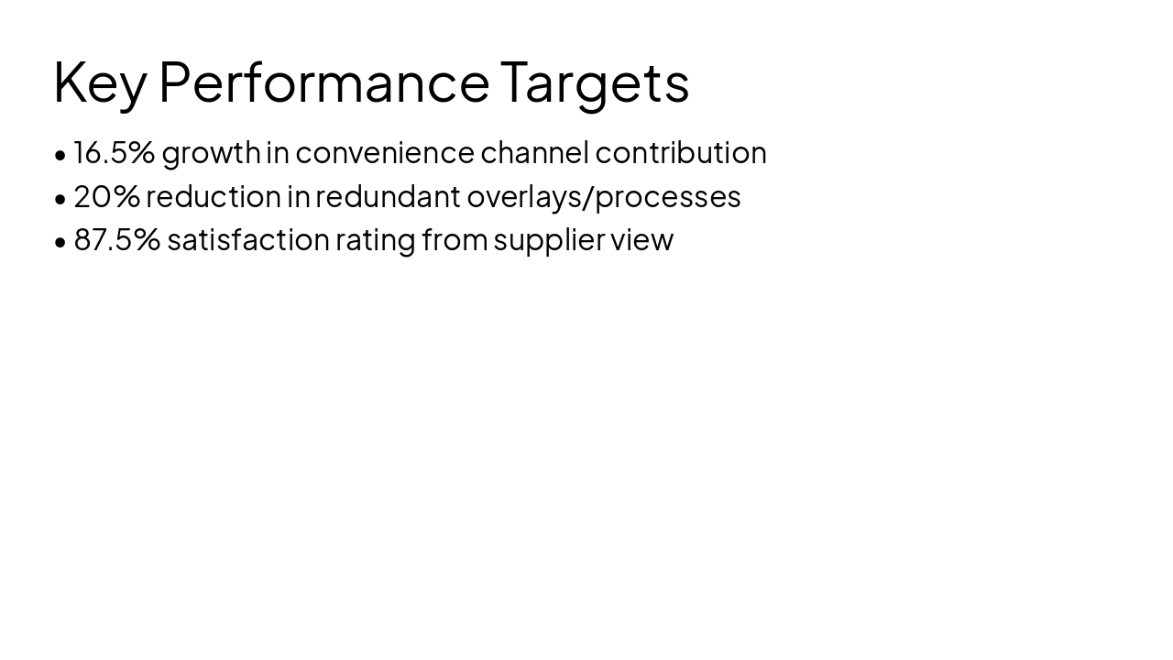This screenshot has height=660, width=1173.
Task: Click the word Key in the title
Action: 99,82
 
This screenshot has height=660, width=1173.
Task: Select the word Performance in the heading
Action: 323,82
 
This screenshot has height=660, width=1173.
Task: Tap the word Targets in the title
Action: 595,82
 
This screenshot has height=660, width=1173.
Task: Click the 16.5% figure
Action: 115,153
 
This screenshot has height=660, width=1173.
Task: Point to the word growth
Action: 211,153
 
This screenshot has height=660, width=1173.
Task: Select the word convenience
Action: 385,153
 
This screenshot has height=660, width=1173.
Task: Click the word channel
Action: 534,153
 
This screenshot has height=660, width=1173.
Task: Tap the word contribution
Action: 681,153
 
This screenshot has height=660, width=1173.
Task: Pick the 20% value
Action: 106,197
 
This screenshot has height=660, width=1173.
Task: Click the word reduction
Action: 213,197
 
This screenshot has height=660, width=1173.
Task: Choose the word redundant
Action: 388,197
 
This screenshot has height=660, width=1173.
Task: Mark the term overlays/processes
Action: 604,197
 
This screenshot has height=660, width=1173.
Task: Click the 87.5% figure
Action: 117,240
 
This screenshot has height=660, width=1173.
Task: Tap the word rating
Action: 375,240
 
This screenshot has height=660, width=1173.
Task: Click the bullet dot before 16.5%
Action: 60,155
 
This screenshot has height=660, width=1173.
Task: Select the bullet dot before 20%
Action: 60,199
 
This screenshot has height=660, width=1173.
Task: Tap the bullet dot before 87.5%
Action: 60,242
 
